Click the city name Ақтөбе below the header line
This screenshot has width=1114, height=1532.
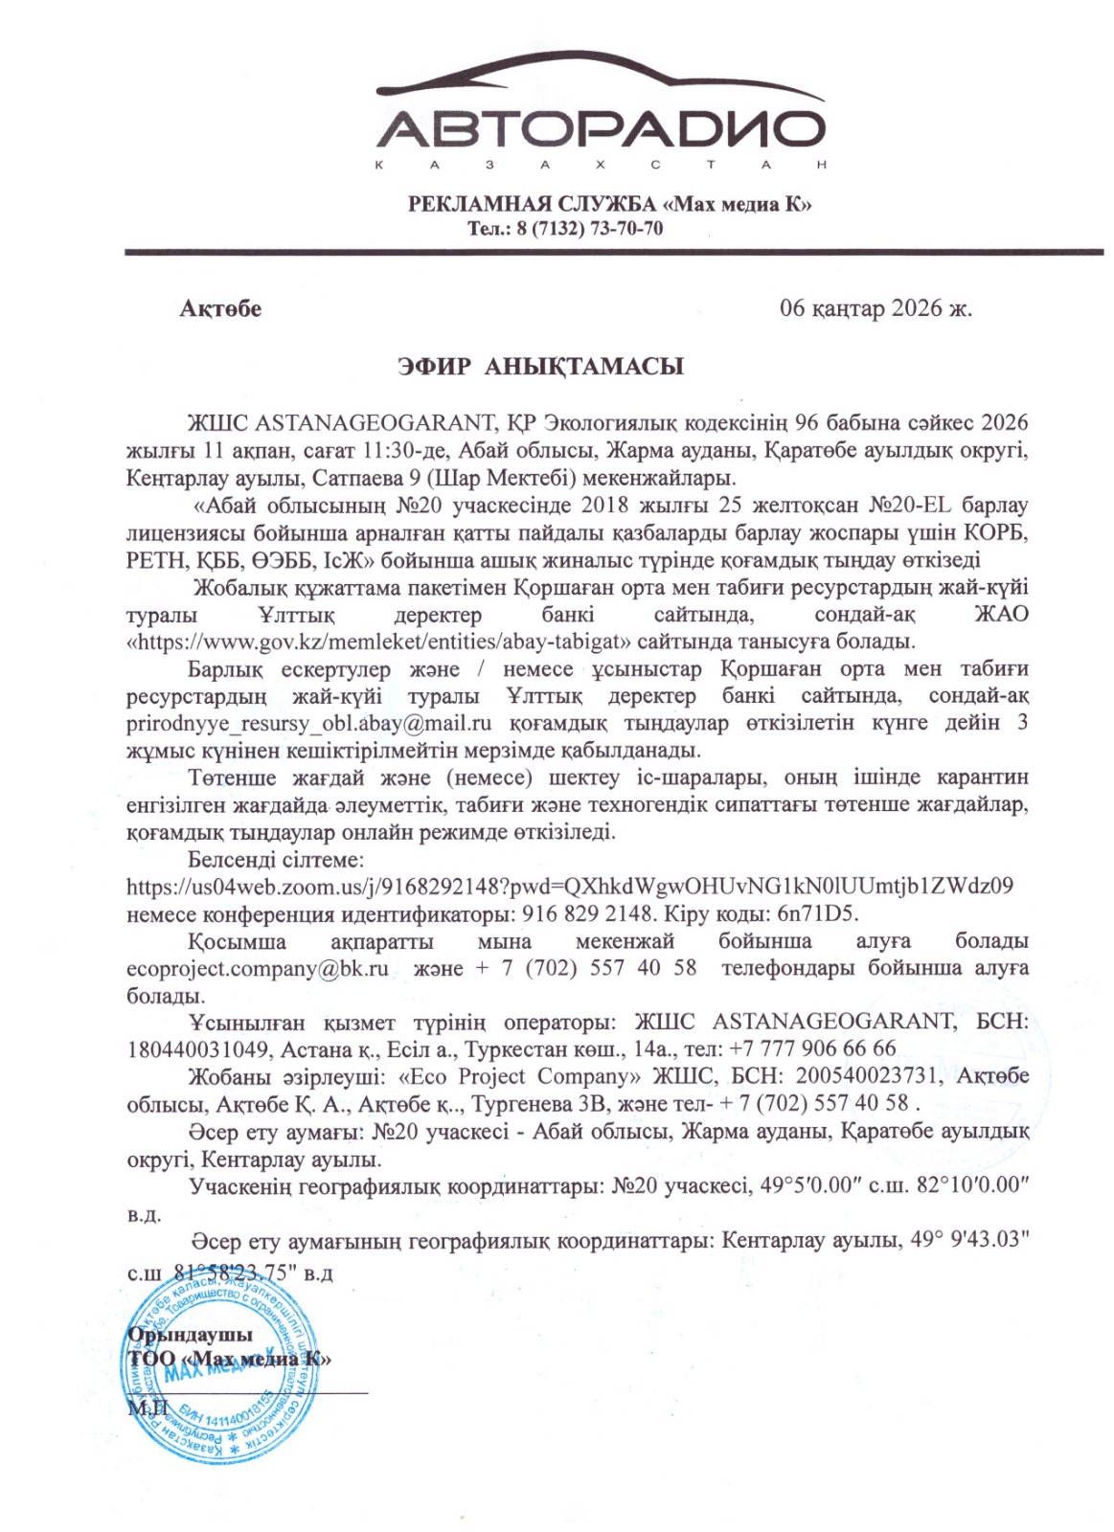click(x=220, y=308)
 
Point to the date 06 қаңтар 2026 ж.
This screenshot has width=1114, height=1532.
click(x=875, y=308)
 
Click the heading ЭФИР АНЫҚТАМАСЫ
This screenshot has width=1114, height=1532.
click(x=541, y=367)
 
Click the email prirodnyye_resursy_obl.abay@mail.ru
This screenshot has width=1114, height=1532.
click(x=308, y=723)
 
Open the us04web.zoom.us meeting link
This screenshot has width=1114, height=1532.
click(x=570, y=887)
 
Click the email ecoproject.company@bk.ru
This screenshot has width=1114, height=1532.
click(x=258, y=968)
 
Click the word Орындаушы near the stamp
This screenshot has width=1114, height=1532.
click(x=191, y=1335)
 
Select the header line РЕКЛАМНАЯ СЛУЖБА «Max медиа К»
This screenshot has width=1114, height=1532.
click(x=610, y=204)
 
